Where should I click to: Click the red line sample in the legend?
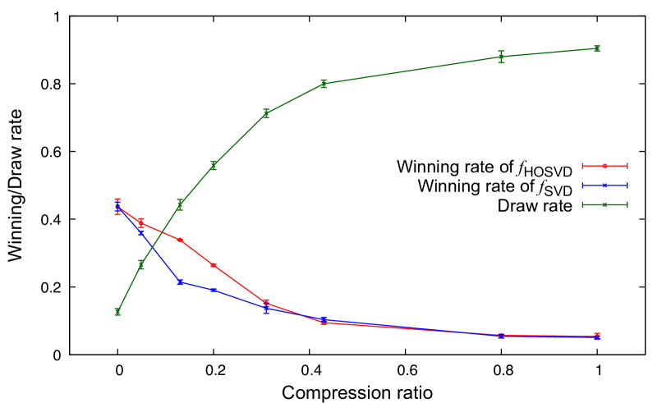(604, 166)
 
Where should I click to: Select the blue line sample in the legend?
(604, 185)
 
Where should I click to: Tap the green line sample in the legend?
(604, 205)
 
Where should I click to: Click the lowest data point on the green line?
(117, 312)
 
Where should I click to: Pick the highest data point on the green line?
(597, 48)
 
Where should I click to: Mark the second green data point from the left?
(141, 264)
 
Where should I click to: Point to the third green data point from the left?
(180, 204)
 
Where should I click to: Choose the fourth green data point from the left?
(214, 165)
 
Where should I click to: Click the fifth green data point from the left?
(266, 114)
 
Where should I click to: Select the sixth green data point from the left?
(324, 84)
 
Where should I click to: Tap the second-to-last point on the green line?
(501, 57)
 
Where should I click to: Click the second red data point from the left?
(141, 223)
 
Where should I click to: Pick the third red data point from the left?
(180, 240)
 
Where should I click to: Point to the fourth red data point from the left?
(214, 265)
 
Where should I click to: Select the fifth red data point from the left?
(266, 303)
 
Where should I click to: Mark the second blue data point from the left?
(141, 233)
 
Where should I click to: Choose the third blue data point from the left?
(180, 282)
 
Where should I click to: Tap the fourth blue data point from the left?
(214, 290)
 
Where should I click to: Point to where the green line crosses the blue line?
(153, 247)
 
